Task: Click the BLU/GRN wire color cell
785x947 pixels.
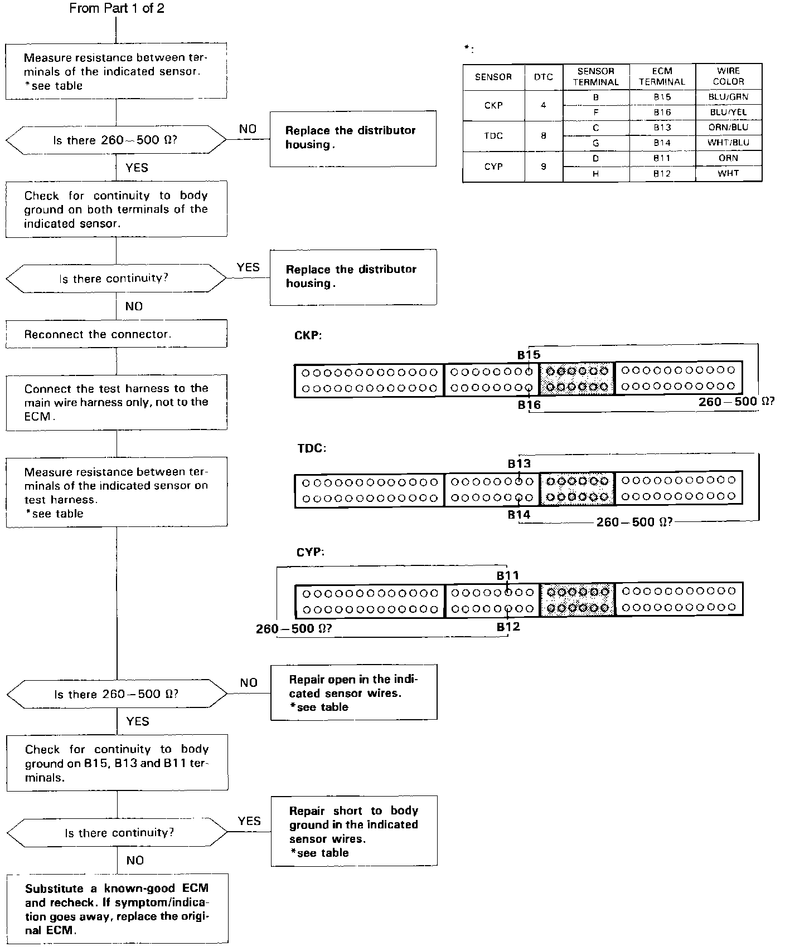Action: (728, 97)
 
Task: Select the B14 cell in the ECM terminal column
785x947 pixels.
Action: (662, 143)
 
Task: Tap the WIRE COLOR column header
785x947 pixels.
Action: (728, 76)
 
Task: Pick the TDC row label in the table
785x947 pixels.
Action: (493, 136)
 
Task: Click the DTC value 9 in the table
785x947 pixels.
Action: (543, 167)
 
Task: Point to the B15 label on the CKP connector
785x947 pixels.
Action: (529, 355)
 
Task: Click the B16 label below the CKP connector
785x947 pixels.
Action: (529, 405)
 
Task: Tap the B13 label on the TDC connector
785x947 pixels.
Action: (519, 463)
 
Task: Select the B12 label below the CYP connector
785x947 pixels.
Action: (508, 627)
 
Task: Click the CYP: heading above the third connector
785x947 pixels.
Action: (311, 552)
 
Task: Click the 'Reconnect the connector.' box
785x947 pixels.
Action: (117, 334)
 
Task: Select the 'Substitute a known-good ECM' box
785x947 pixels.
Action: (117, 909)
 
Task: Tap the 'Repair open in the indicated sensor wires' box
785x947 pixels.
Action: (353, 692)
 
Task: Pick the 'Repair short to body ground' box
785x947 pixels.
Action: (353, 831)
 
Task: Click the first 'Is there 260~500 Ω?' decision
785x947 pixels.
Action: (116, 140)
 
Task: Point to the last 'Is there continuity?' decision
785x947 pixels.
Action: (117, 833)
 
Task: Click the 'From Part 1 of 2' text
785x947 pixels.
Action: (117, 8)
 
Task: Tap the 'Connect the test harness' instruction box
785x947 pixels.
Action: (117, 402)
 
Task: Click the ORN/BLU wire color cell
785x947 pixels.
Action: (728, 127)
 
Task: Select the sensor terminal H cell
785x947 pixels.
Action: (595, 174)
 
